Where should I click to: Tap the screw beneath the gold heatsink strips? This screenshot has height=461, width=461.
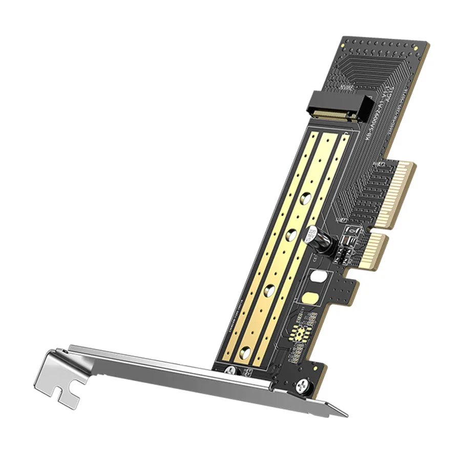point(230,370)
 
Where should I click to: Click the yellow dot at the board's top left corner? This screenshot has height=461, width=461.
point(345,41)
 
